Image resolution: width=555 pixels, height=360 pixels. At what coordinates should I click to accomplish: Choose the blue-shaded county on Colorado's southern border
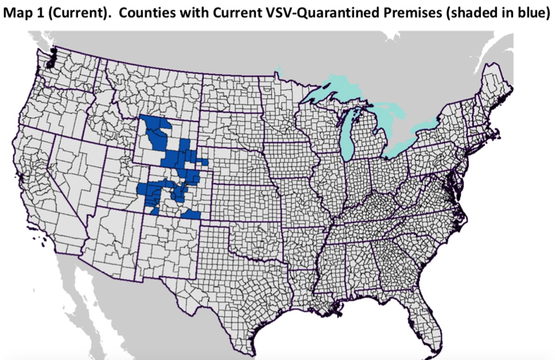[191, 214]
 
